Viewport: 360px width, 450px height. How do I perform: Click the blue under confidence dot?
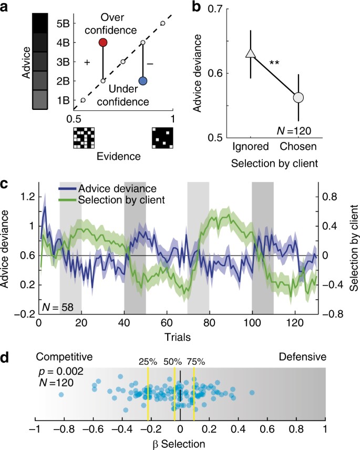click(143, 81)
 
